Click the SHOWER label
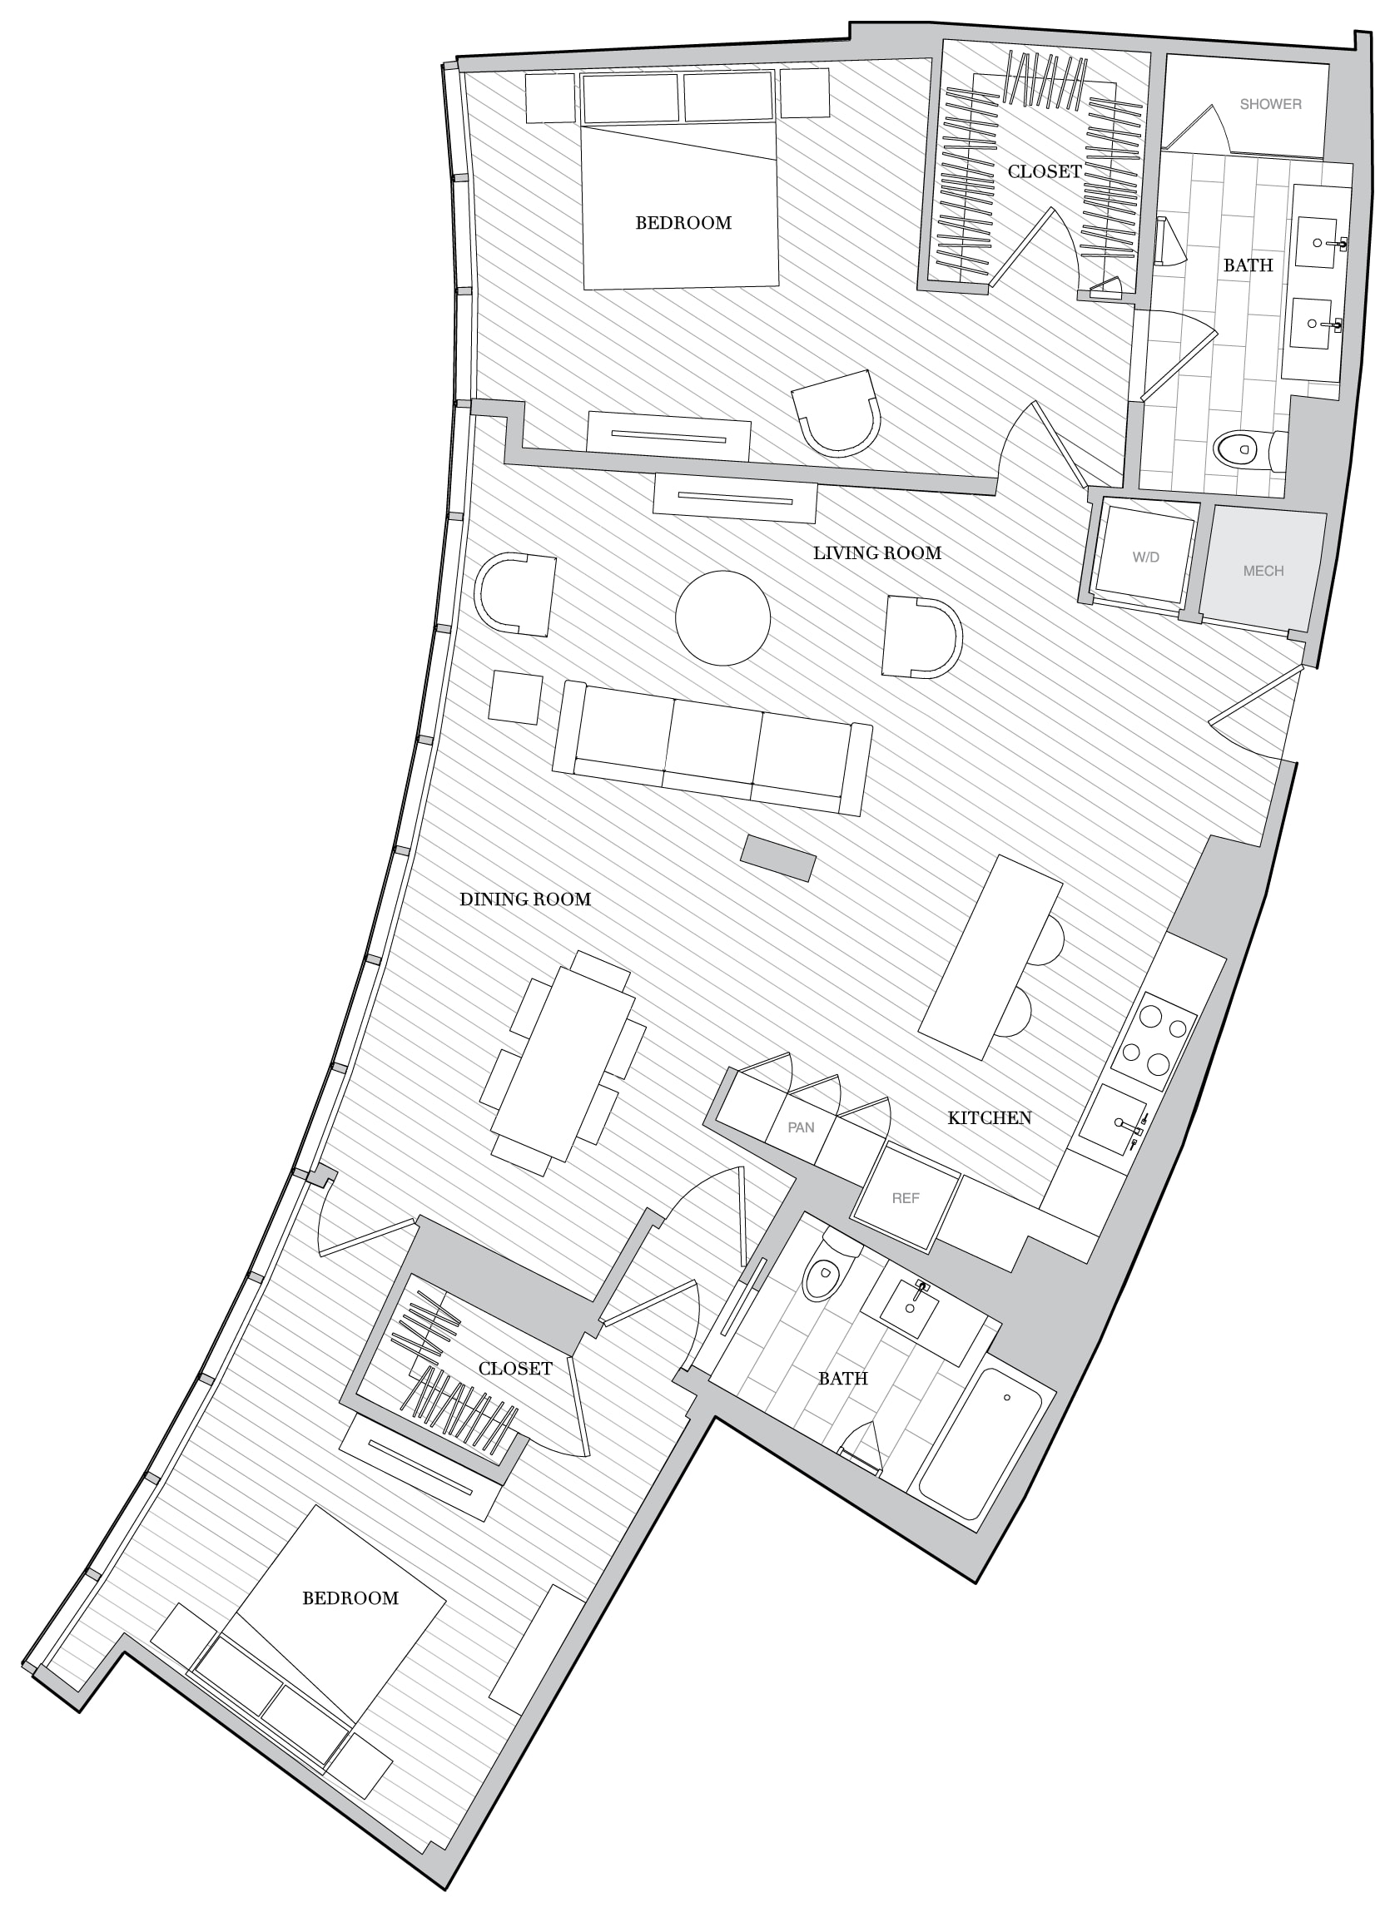(x=1269, y=104)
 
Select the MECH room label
(x=1263, y=571)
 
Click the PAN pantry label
(x=801, y=1127)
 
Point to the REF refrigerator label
(x=905, y=1198)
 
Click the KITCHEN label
(x=989, y=1118)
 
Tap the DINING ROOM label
(x=524, y=899)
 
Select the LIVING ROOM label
(x=877, y=553)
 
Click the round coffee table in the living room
(x=723, y=617)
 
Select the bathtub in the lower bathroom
(x=985, y=1443)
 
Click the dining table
(x=563, y=1063)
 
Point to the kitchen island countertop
(x=990, y=957)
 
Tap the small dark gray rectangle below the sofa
(x=778, y=859)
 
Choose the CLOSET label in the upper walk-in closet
(x=1044, y=172)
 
